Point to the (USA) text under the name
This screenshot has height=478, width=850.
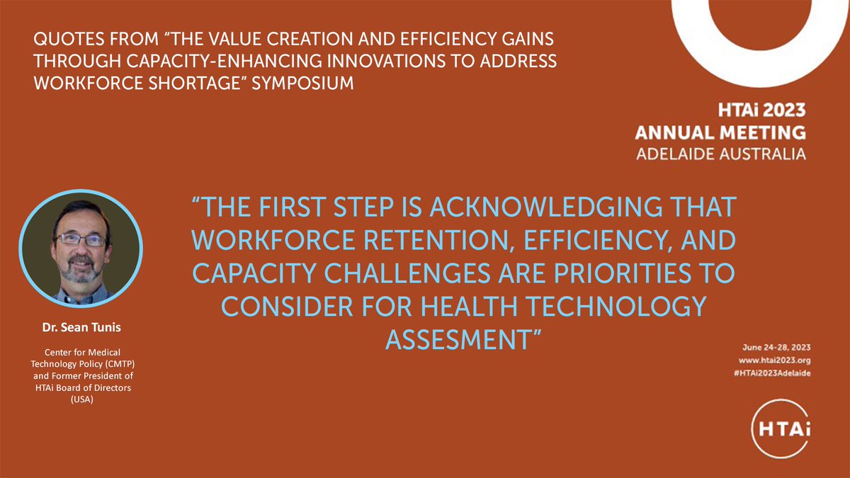tap(81, 399)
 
